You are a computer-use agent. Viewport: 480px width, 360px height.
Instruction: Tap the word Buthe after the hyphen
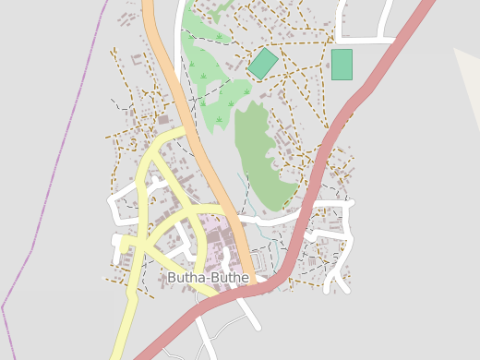[229, 278]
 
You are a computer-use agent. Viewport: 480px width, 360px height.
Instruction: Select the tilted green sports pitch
[263, 64]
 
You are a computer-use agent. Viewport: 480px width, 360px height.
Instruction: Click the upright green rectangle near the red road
[342, 65]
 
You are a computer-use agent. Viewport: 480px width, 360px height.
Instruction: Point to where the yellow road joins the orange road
[188, 131]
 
